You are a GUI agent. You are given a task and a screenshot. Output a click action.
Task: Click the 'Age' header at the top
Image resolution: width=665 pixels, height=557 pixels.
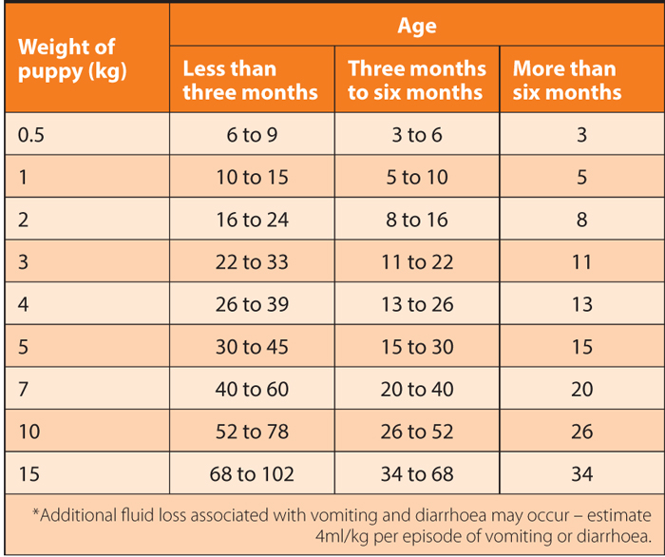[417, 26]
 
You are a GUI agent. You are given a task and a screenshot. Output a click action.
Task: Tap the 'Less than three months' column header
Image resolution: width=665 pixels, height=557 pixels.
[251, 81]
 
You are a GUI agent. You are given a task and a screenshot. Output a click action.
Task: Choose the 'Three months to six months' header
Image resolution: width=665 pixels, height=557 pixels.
[417, 81]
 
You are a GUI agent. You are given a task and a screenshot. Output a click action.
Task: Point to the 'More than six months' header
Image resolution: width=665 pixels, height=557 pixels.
[567, 81]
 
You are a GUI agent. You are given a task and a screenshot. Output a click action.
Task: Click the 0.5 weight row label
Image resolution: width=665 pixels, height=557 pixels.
[31, 135]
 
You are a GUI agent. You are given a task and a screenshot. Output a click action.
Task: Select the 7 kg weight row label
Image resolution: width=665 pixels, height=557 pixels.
[24, 389]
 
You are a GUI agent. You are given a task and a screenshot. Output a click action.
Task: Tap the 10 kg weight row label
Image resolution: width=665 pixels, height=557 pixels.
[29, 432]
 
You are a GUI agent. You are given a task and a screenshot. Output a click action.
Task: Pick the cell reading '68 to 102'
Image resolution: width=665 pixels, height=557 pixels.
[251, 473]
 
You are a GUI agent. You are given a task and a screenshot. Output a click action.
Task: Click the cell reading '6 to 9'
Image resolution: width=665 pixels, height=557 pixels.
[251, 135]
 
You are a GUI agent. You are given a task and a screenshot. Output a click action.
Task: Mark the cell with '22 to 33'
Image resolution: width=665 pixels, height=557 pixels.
[251, 262]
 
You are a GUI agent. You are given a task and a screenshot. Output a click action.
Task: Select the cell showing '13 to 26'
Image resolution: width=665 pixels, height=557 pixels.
[417, 304]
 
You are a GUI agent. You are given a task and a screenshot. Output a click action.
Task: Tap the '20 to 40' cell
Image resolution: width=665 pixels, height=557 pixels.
[417, 389]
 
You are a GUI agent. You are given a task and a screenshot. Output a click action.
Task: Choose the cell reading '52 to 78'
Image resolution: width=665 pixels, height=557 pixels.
[251, 432]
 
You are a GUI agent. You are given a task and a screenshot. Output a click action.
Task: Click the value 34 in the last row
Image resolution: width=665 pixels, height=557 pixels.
[581, 473]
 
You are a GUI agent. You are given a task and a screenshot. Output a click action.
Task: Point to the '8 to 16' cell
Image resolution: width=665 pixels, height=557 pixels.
[417, 220]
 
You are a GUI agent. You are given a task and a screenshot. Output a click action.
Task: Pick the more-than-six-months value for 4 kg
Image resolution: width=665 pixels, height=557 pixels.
[581, 304]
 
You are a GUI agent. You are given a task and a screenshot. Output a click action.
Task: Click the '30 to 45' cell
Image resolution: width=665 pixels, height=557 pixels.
[251, 347]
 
